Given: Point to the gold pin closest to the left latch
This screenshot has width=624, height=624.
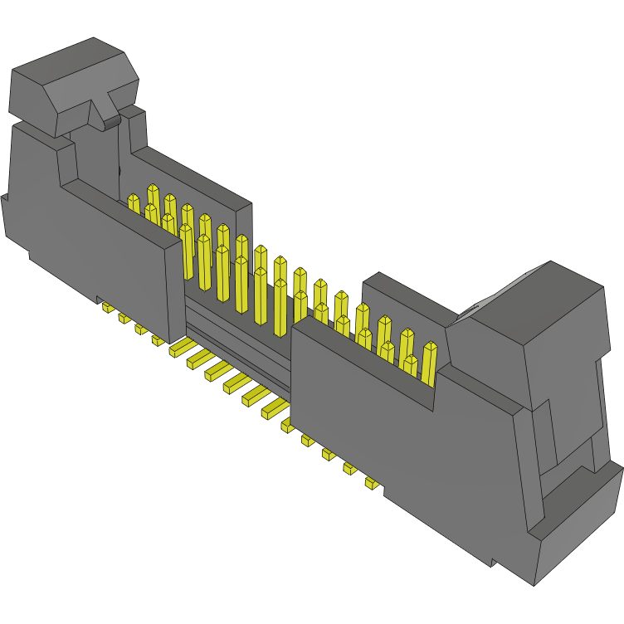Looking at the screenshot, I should [x=134, y=203].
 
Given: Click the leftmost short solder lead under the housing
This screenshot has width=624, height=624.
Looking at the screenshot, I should [x=107, y=307].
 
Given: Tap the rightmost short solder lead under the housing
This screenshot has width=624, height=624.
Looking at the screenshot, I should [x=372, y=483].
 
